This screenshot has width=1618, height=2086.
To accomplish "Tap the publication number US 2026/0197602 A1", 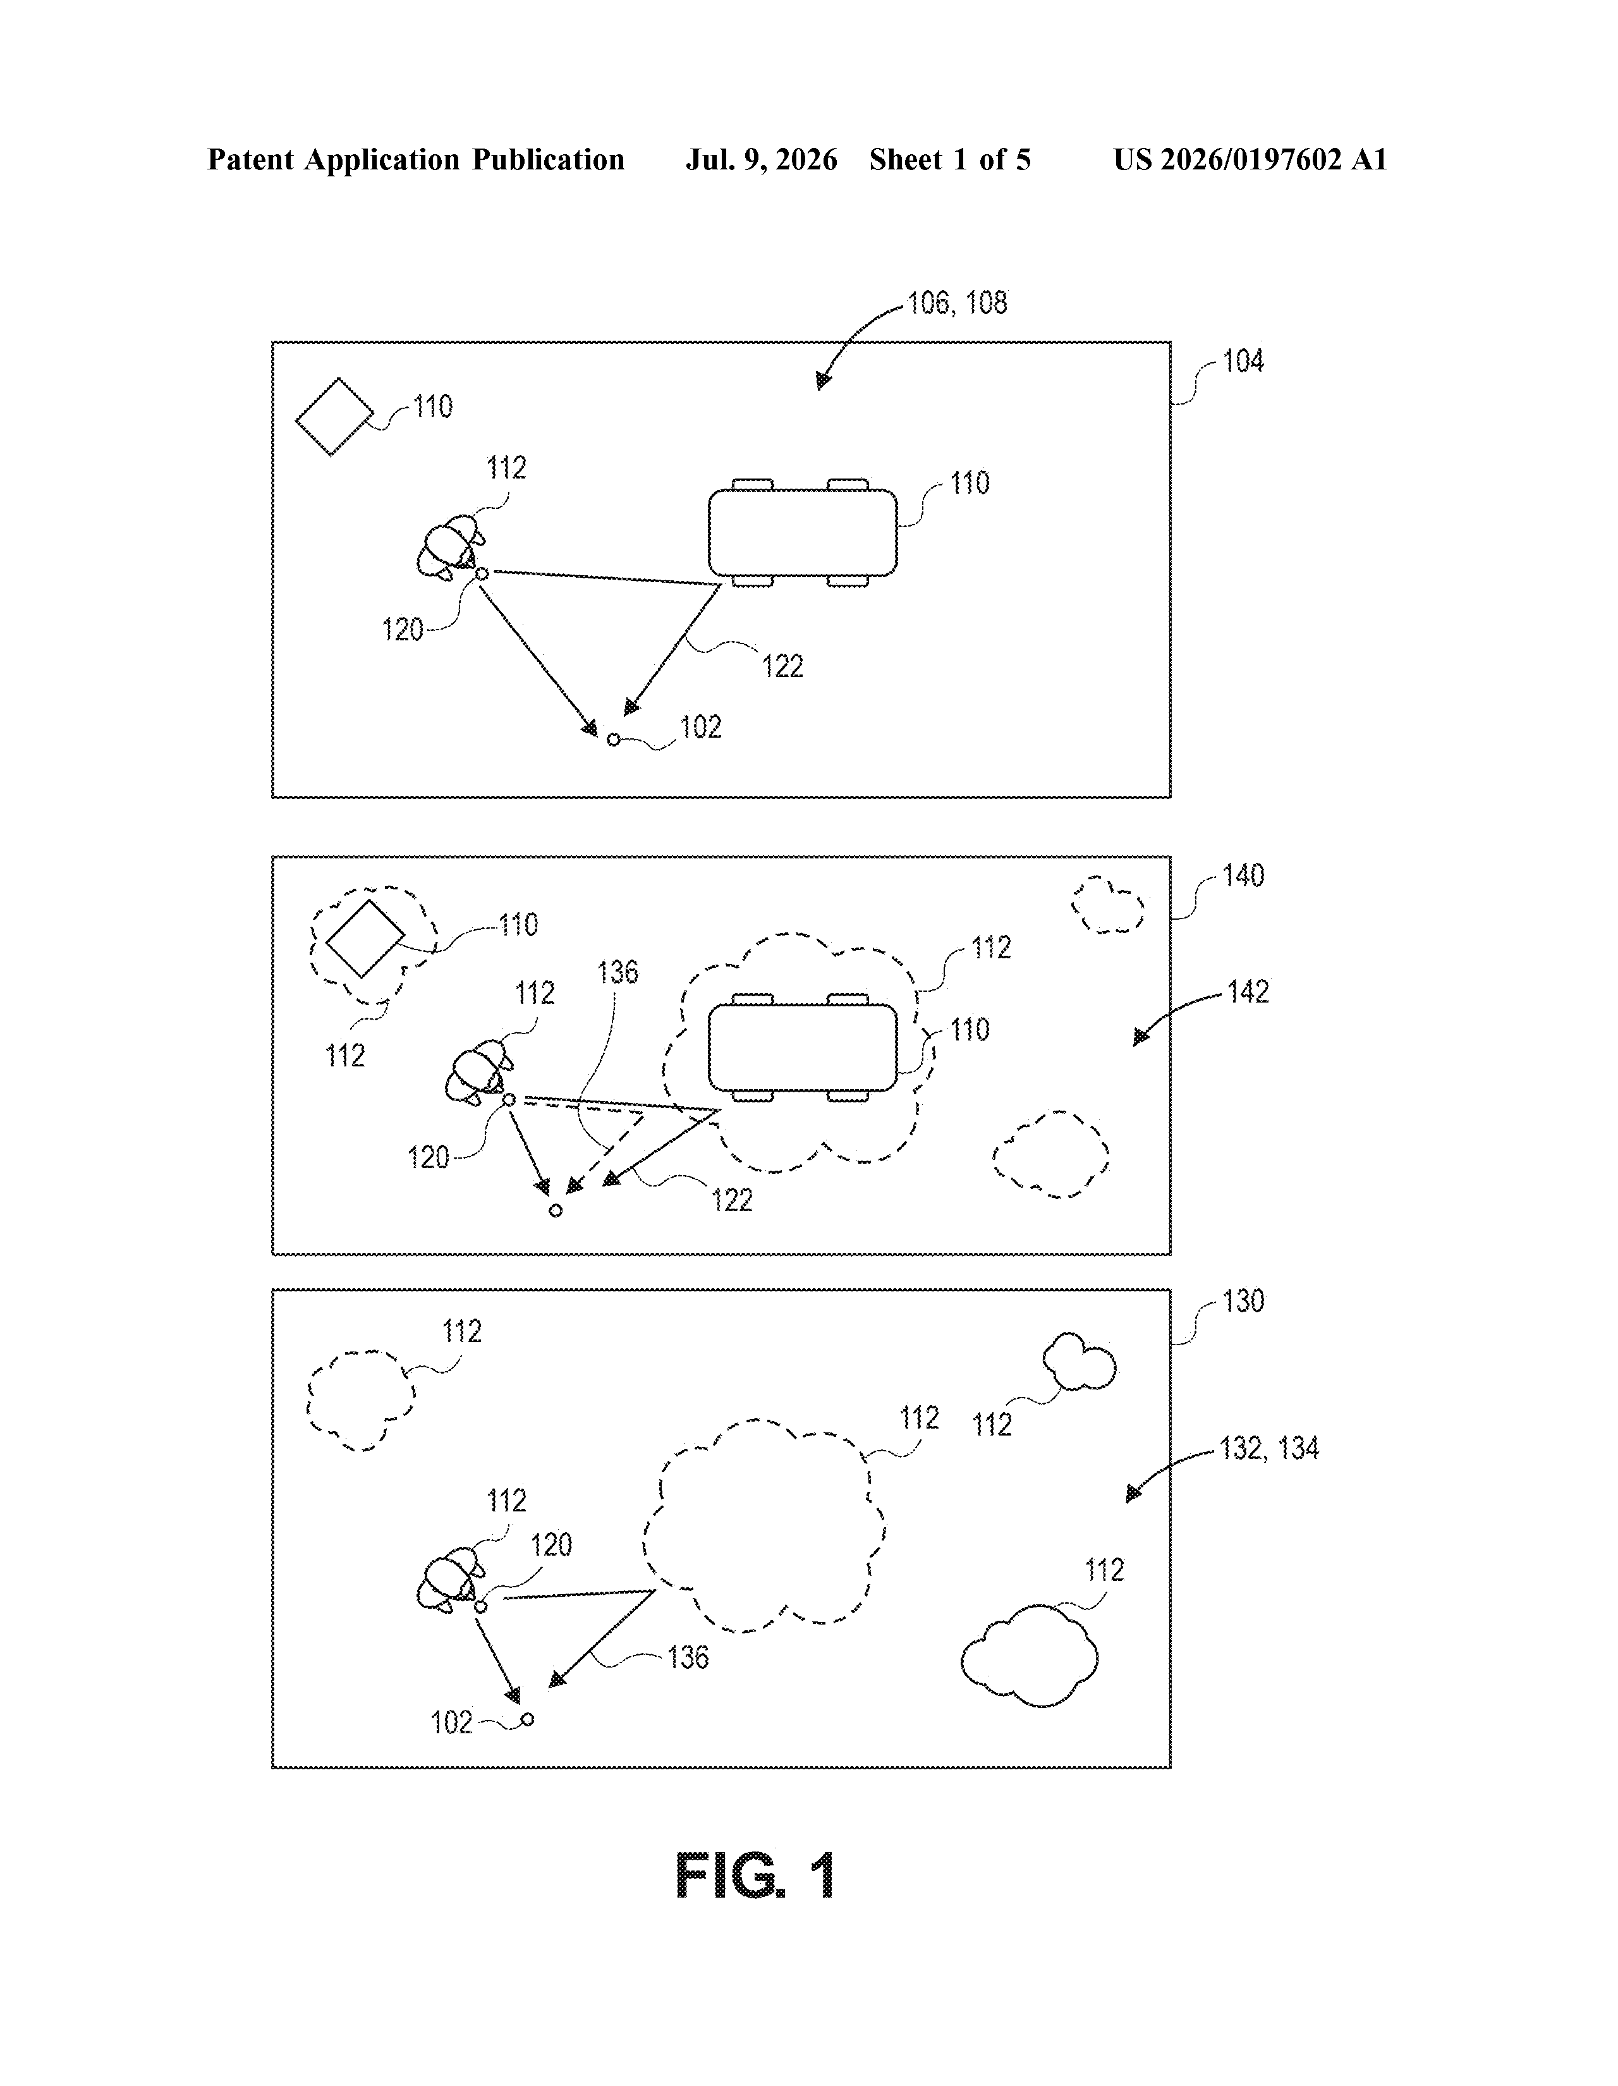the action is [1250, 159].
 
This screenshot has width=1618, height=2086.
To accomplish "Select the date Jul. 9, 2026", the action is [761, 159].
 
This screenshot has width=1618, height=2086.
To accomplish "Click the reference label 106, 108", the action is [957, 303].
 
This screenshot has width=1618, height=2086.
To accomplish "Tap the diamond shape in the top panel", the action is [334, 417].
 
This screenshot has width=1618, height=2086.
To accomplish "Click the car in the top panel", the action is [802, 532].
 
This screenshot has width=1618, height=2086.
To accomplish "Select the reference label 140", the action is [1243, 876].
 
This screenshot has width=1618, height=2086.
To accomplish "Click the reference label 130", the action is [1243, 1301].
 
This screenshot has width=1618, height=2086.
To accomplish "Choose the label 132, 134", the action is [1268, 1448].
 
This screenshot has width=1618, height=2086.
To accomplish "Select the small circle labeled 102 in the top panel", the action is [613, 740].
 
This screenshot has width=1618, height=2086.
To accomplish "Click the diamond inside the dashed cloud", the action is [364, 938].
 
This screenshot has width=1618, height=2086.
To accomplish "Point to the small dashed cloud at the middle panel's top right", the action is [1108, 905].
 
